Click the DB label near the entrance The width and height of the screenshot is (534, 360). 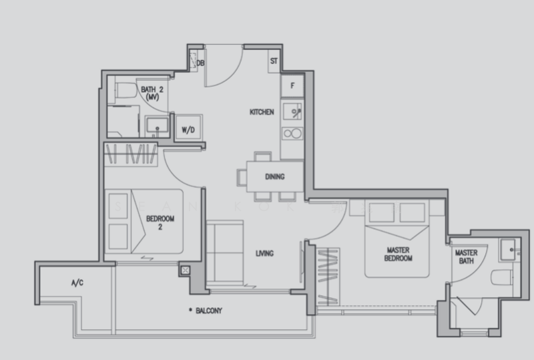click(200, 63)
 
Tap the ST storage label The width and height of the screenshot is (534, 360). click(274, 62)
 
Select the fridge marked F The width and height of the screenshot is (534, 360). click(292, 85)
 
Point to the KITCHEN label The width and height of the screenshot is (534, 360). click(262, 112)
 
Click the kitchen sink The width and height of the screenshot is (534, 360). click(292, 110)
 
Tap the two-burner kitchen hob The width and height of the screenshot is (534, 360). click(292, 134)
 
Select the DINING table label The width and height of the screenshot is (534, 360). click(274, 177)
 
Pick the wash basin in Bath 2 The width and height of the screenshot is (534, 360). click(156, 125)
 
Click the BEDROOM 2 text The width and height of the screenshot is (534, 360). click(161, 222)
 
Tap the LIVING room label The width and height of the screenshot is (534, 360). click(265, 253)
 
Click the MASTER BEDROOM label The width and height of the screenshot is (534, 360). click(398, 254)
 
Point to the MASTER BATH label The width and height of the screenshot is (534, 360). click(467, 257)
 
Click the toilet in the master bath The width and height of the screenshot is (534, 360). click(500, 277)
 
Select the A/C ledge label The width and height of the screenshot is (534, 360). click(77, 283)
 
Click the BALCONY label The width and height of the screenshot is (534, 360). click(209, 311)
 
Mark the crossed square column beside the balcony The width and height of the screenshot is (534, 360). click(185, 271)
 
